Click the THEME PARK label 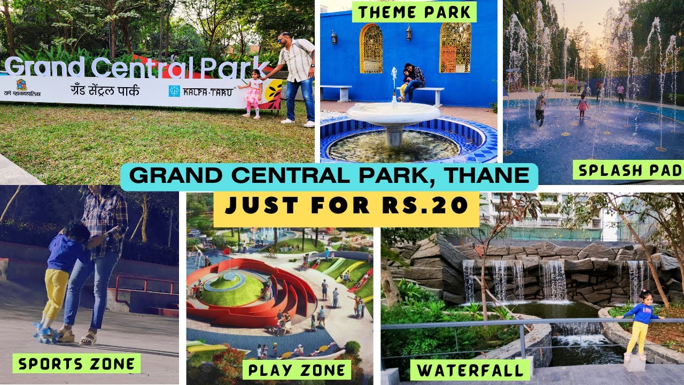tap(414, 11)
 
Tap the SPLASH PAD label tap(628, 171)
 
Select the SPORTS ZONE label tap(77, 364)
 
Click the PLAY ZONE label tap(297, 369)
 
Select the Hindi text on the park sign tap(105, 90)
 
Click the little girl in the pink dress tap(253, 94)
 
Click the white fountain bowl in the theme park tap(393, 114)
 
